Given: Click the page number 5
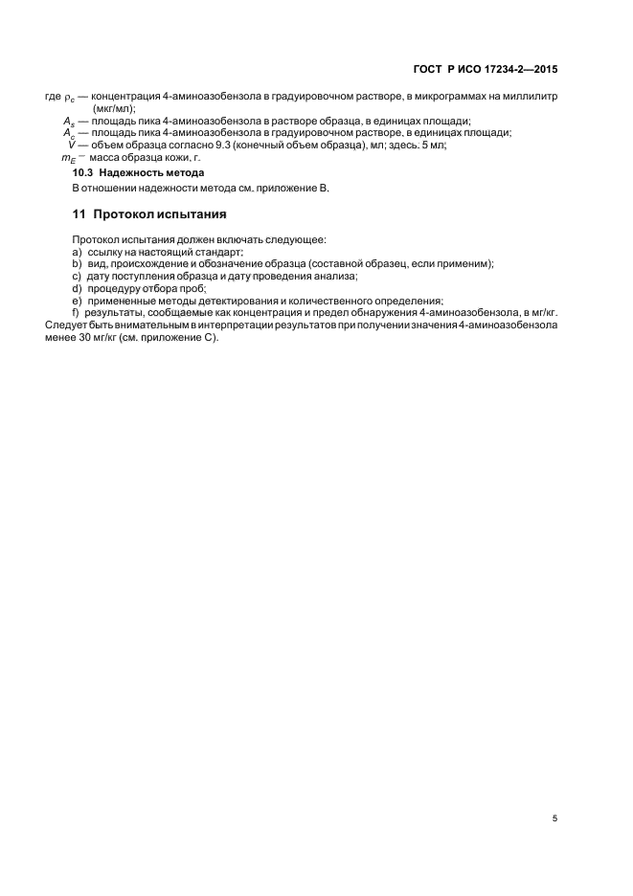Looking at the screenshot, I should (555, 818).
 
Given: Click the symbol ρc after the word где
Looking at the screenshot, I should (69, 98).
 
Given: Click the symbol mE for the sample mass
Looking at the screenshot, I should (68, 157).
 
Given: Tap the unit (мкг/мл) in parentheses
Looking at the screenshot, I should (114, 109).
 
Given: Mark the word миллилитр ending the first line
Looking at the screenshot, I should (531, 97).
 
